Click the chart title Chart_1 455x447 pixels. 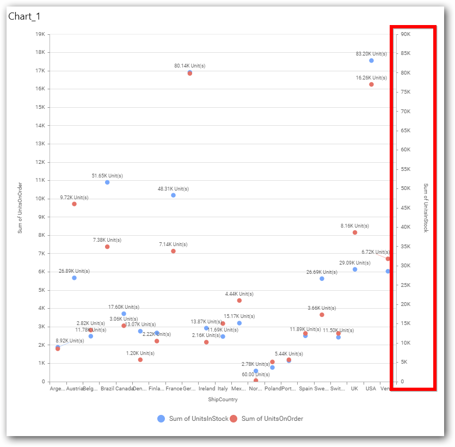[24, 16]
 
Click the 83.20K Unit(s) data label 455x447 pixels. [371, 54]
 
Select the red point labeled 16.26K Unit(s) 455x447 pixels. [371, 84]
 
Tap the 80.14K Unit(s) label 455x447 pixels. [189, 66]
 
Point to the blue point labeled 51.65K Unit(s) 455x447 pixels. [107, 182]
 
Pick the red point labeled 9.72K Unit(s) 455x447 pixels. [74, 204]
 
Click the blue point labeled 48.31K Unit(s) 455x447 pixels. [173, 195]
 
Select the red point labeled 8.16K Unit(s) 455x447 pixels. [355, 232]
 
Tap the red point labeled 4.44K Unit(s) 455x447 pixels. [239, 301]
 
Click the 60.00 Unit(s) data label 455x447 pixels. [255, 375]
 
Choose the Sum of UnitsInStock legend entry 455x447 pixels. [193, 419]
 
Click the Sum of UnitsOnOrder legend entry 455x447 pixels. [267, 419]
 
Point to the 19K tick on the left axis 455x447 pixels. [40, 34]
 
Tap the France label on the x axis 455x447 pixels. [174, 389]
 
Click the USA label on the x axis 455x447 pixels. [371, 389]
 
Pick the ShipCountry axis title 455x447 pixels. [223, 400]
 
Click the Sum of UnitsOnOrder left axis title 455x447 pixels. [20, 208]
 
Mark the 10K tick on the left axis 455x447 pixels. [40, 199]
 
